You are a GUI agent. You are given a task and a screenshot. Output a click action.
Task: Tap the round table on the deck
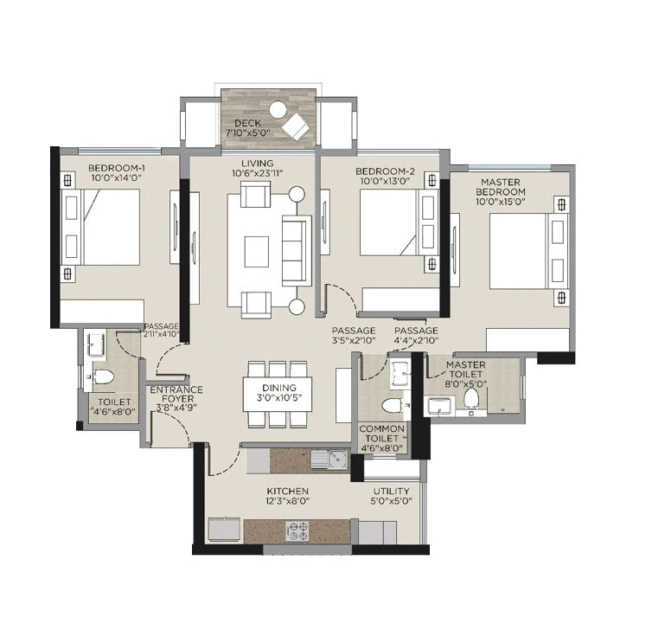[278, 110]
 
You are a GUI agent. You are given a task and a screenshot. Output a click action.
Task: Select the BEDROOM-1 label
[116, 168]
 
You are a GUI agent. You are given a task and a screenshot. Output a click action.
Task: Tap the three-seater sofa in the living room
[296, 251]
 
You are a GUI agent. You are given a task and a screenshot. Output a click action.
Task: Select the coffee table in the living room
[257, 252]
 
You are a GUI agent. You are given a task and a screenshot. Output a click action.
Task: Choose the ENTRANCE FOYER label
[176, 396]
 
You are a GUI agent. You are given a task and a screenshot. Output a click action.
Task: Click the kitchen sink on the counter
[331, 460]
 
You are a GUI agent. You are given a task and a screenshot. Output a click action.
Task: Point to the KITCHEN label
[288, 492]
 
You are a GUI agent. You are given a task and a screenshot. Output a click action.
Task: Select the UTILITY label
[391, 492]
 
